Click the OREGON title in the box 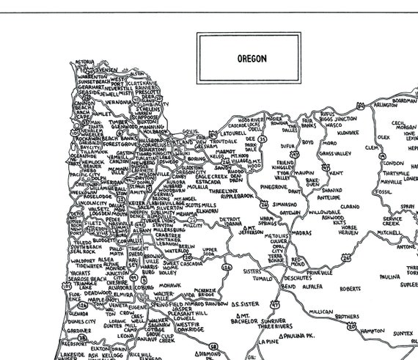248,56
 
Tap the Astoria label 85,62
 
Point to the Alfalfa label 312,287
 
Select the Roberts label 351,288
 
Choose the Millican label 320,312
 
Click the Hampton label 372,331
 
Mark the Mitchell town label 389,232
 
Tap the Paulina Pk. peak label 301,336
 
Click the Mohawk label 169,284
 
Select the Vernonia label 118,103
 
